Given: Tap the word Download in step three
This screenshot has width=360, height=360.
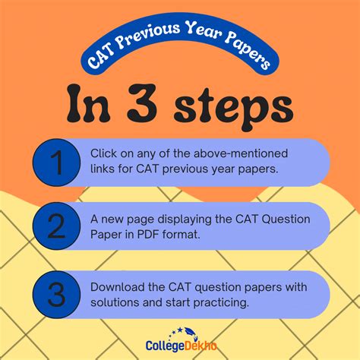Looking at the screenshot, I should click(x=115, y=287).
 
